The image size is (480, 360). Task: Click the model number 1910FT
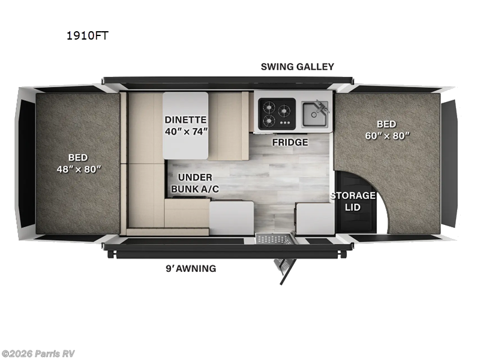(87, 35)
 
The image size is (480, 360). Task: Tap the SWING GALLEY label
(297, 67)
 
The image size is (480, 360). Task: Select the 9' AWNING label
(190, 268)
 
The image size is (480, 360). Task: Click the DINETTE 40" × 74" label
(186, 125)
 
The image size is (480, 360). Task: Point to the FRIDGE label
(290, 142)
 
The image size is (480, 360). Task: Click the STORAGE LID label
(353, 201)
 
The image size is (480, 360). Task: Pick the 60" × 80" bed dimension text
(386, 135)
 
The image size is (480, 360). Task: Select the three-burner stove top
(277, 112)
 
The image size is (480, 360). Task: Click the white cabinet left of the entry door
(231, 217)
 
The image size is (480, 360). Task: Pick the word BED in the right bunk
(386, 124)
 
